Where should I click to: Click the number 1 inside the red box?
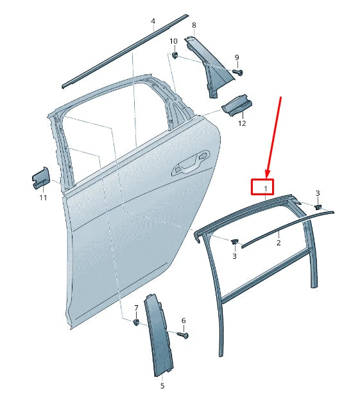(x=262, y=187)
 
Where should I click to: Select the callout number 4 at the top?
(x=153, y=21)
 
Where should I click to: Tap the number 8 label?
(x=194, y=25)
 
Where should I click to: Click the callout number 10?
(x=173, y=42)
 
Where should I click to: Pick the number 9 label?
(x=236, y=58)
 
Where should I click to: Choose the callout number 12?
(x=242, y=123)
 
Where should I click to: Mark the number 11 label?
(x=43, y=198)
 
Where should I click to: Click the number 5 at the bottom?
(x=162, y=385)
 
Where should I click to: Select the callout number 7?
(x=136, y=307)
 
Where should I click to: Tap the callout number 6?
(x=184, y=321)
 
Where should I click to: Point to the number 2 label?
(x=279, y=243)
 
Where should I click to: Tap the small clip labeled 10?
(x=175, y=55)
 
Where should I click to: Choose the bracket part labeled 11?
(x=40, y=178)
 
